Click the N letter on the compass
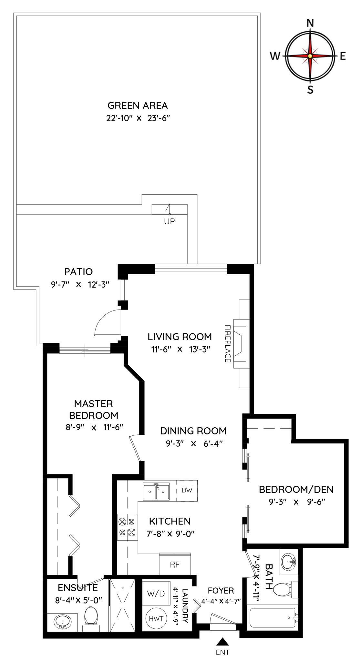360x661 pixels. pos(310,23)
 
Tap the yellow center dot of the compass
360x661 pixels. pos(310,56)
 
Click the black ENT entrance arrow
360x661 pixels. pos(222,641)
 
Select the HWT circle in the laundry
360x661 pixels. pos(156,618)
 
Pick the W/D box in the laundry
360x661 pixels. pos(156,593)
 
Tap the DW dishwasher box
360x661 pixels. pos(187,490)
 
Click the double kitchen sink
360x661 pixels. pos(157,492)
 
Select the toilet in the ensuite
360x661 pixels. pos(91,619)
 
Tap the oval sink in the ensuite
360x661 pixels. pos(63,621)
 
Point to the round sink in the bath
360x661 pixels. pos(289,562)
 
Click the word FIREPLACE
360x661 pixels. pos(228,343)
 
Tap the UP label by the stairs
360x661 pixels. pos(170,221)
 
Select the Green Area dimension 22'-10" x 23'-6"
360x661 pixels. pos(138,118)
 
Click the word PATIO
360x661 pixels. pos(78,272)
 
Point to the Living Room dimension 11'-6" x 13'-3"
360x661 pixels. pos(181,349)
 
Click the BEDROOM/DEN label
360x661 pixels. pos(296,490)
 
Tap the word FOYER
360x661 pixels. pos(221,591)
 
